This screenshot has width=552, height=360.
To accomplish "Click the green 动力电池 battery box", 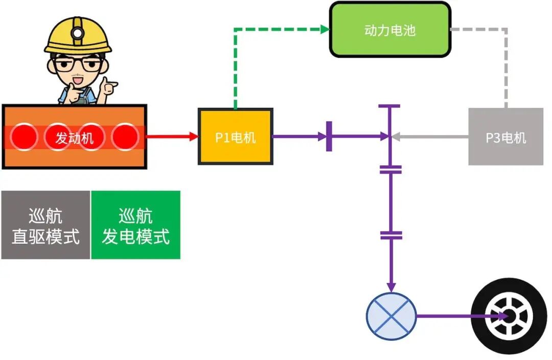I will pyautogui.click(x=390, y=30).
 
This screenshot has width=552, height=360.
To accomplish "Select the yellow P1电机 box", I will pyautogui.click(x=235, y=137).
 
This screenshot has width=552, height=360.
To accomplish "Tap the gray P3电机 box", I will pyautogui.click(x=505, y=137).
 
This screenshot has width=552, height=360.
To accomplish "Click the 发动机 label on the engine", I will pyautogui.click(x=75, y=138).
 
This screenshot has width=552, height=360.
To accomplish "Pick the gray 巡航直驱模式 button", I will pyautogui.click(x=45, y=225).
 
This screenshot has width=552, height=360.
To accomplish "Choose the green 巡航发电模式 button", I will pyautogui.click(x=135, y=225).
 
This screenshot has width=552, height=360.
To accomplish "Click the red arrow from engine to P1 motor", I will pyautogui.click(x=172, y=137).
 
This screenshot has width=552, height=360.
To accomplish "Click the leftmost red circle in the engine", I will pyautogui.click(x=25, y=137).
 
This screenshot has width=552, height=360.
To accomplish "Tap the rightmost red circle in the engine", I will pyautogui.click(x=125, y=137).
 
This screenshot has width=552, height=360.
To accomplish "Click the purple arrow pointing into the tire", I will pyautogui.click(x=460, y=316).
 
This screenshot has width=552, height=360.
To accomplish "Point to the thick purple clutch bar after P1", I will pyautogui.click(x=329, y=137).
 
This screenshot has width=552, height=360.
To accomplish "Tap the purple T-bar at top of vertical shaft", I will pyautogui.click(x=390, y=106).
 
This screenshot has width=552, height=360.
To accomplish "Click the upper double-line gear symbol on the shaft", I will pyautogui.click(x=391, y=169).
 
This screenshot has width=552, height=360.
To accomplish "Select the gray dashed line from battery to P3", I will pyautogui.click(x=506, y=61).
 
